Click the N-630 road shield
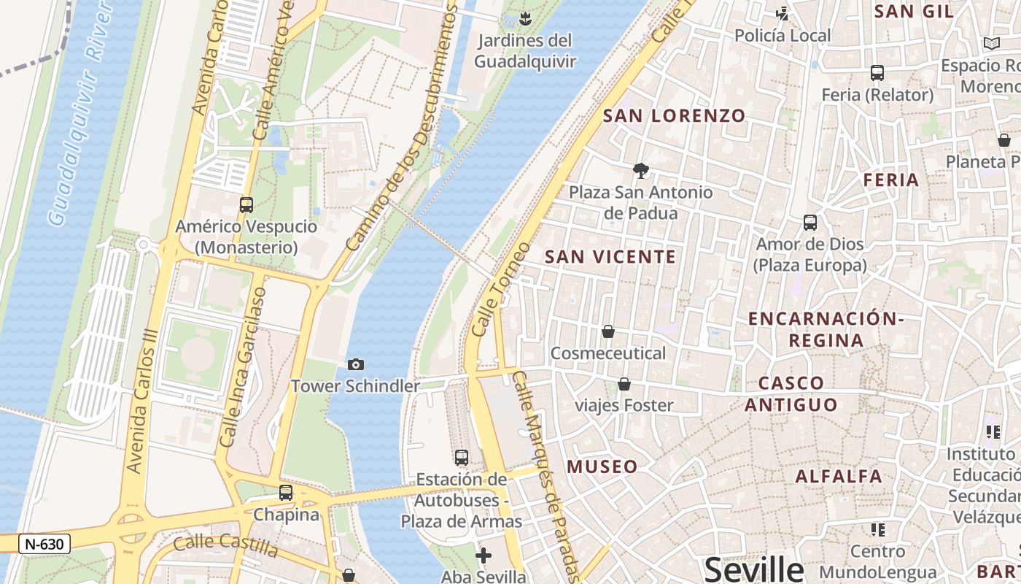pyautogui.click(x=44, y=544)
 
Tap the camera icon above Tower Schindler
pyautogui.click(x=356, y=364)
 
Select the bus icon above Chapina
pyautogui.click(x=286, y=493)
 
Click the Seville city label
pyautogui.click(x=753, y=569)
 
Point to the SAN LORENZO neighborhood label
pyautogui.click(x=675, y=115)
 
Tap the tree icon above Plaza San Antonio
pyautogui.click(x=641, y=171)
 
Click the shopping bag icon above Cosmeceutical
pyautogui.click(x=608, y=331)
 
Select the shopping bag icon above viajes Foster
pyautogui.click(x=624, y=384)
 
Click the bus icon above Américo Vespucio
pyautogui.click(x=246, y=205)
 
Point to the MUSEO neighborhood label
pyautogui.click(x=602, y=466)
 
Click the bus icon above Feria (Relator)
pyautogui.click(x=877, y=73)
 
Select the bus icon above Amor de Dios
pyautogui.click(x=810, y=223)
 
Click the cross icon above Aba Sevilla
pyautogui.click(x=483, y=556)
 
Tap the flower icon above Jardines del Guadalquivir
pyautogui.click(x=524, y=18)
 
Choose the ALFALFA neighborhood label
pyautogui.click(x=839, y=477)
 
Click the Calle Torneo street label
pyautogui.click(x=500, y=289)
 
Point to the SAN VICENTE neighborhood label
pyautogui.click(x=610, y=256)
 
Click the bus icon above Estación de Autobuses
pyautogui.click(x=462, y=458)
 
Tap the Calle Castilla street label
pyautogui.click(x=226, y=545)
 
